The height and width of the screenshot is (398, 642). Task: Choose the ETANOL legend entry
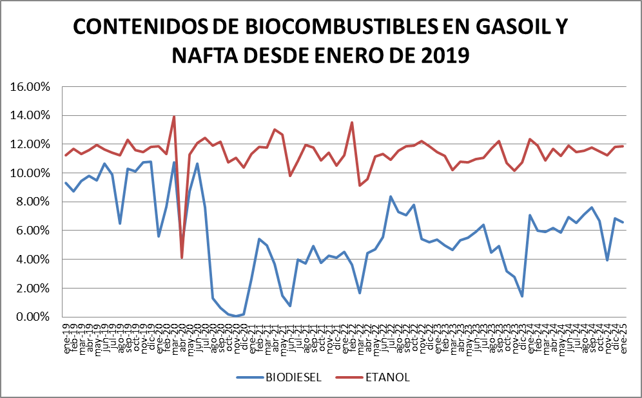click(386, 376)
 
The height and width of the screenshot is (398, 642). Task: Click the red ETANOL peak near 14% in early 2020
click(174, 117)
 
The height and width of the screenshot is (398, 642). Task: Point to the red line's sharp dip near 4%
click(182, 258)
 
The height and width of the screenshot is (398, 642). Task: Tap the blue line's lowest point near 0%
click(236, 316)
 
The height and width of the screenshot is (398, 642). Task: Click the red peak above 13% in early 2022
click(352, 122)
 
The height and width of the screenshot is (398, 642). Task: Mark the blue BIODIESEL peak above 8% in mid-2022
click(391, 196)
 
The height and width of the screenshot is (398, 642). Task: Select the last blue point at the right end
click(623, 222)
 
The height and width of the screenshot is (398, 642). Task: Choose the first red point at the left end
click(66, 155)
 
